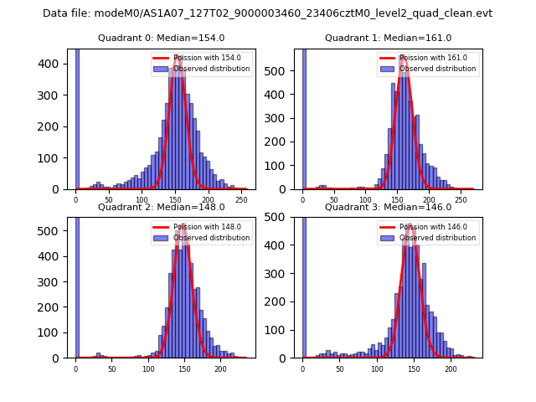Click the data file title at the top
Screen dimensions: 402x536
click(x=267, y=13)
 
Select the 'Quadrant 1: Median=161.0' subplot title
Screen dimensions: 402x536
click(x=388, y=38)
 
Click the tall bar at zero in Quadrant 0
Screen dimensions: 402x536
click(x=76, y=117)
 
